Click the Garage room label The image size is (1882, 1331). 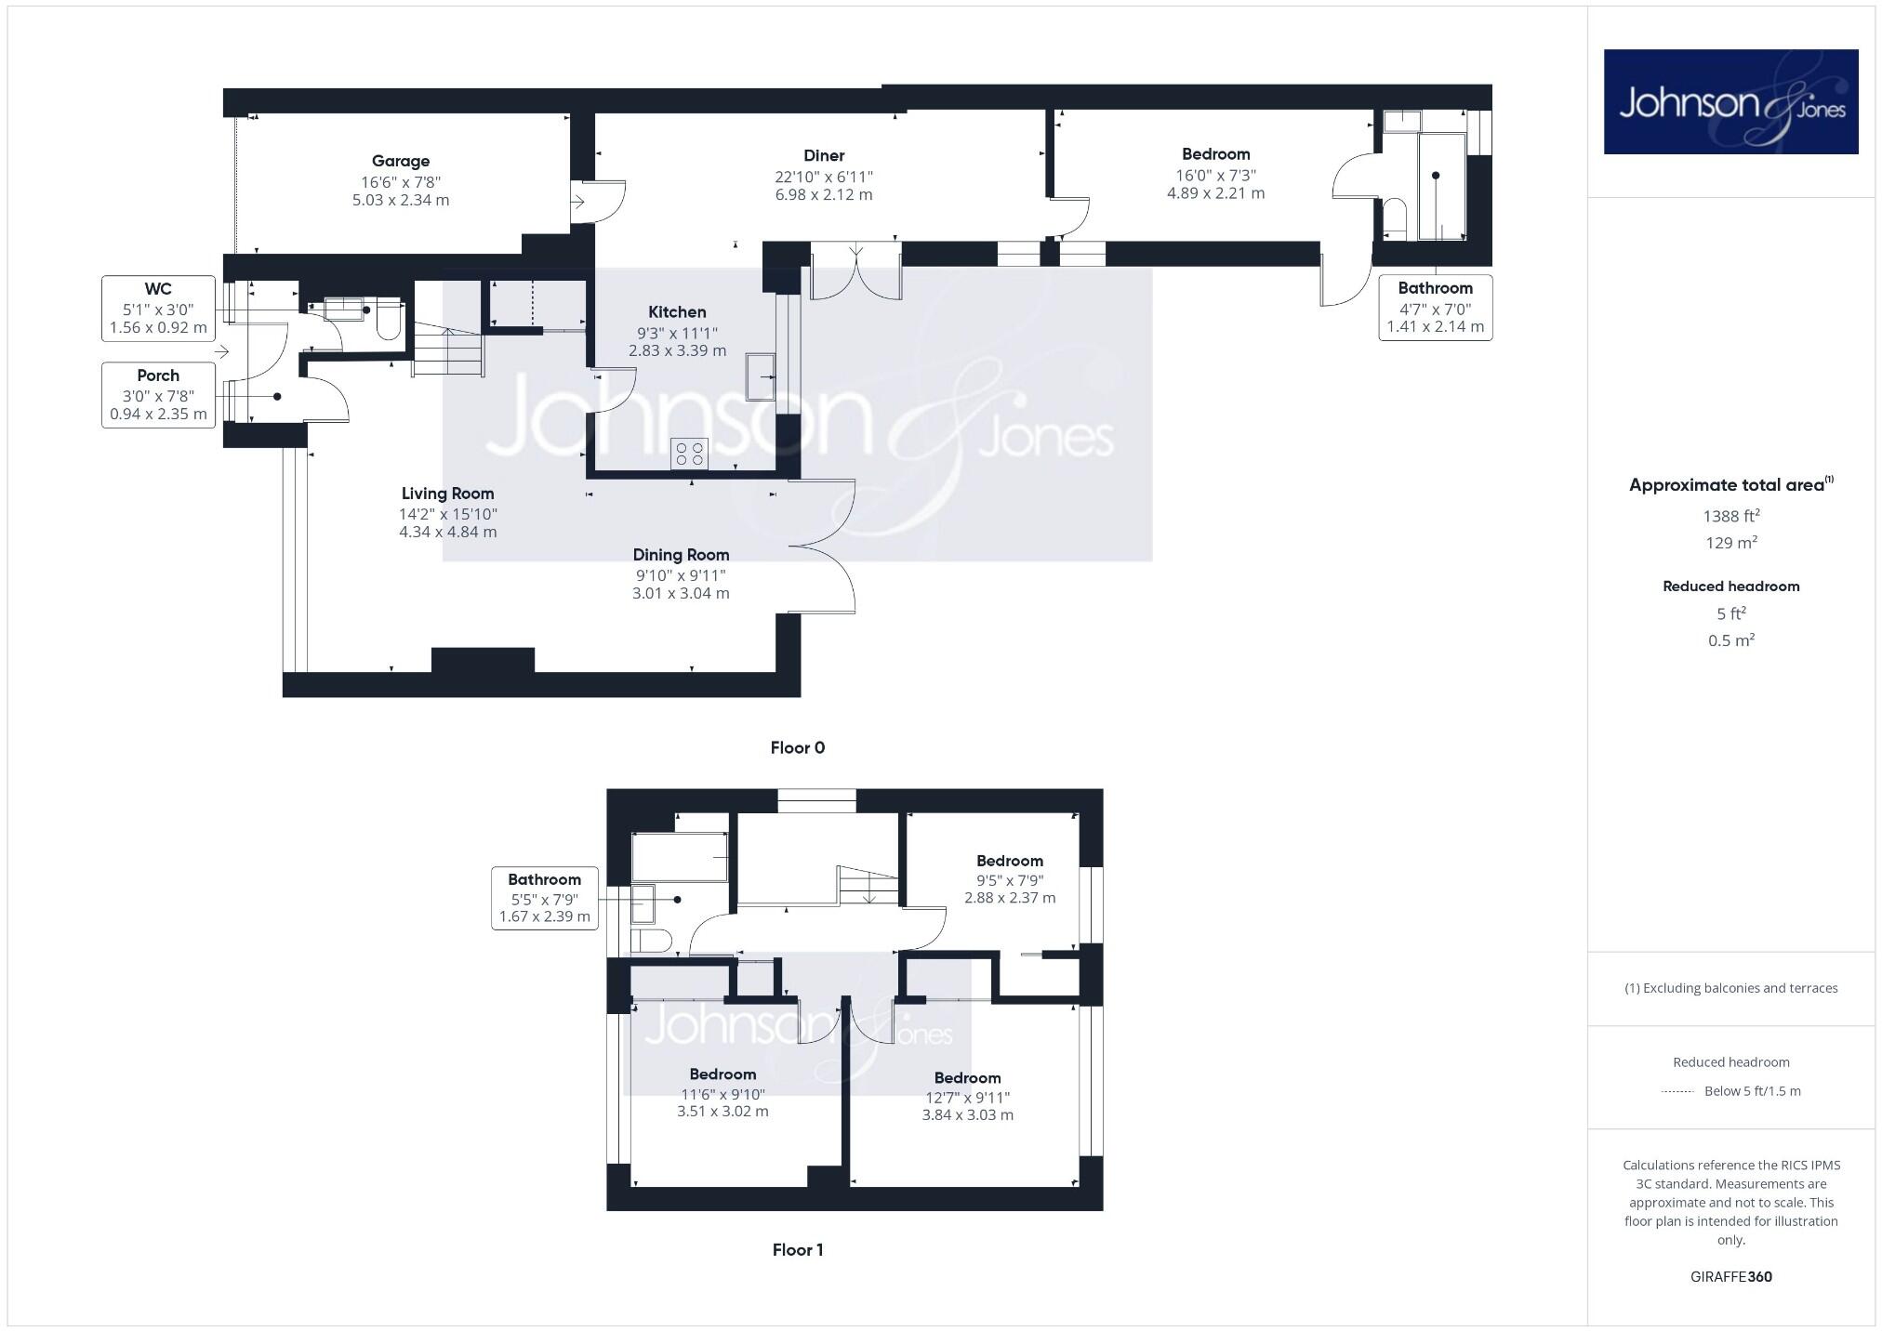click(x=401, y=161)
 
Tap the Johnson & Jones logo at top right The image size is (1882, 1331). click(x=1730, y=102)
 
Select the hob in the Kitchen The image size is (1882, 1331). click(x=689, y=454)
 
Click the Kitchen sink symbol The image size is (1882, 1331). click(x=761, y=376)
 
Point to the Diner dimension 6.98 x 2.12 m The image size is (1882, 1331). click(x=824, y=195)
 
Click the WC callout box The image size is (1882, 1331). click(x=158, y=308)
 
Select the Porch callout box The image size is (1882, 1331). click(x=158, y=395)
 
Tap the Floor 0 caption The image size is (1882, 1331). click(x=797, y=748)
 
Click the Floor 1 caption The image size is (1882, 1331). click(x=797, y=1250)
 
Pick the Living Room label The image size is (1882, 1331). click(x=447, y=494)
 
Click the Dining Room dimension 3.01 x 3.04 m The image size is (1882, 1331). click(x=681, y=593)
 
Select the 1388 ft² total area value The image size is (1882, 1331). click(x=1730, y=516)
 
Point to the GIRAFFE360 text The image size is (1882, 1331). click(x=1730, y=1276)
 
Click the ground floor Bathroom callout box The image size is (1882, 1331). click(x=1435, y=308)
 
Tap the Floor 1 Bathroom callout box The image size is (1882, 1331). click(x=544, y=898)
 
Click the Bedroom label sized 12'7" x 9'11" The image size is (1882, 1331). click(x=967, y=1078)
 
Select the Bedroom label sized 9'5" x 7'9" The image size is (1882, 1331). click(x=1009, y=861)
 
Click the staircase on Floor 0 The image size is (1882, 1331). click(x=448, y=349)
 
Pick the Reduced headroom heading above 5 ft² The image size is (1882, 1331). click(x=1730, y=586)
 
